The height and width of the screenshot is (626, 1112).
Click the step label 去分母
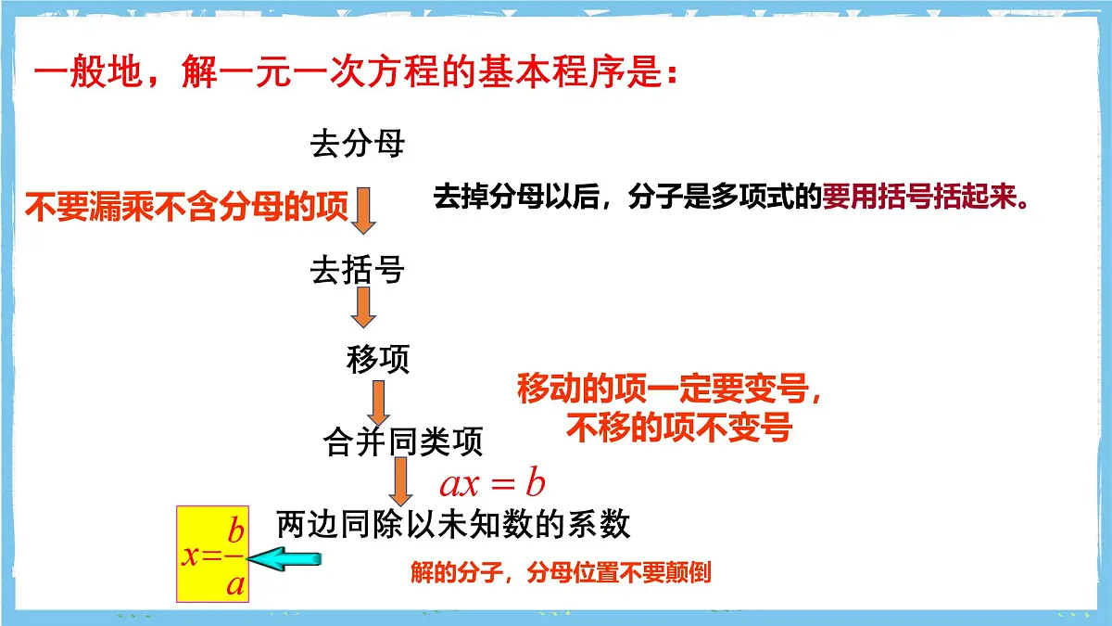(357, 146)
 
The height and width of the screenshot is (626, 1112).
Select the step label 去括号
(357, 271)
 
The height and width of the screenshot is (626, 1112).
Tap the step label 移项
(378, 360)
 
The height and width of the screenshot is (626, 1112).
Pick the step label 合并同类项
(403, 442)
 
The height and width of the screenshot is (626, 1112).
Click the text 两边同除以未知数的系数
(453, 525)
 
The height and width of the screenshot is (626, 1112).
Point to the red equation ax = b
(492, 484)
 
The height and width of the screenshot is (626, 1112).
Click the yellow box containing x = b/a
(214, 556)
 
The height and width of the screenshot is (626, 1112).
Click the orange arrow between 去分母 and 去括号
(362, 211)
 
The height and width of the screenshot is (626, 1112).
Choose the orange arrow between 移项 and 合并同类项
(379, 401)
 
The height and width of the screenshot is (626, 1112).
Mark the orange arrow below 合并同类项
(400, 481)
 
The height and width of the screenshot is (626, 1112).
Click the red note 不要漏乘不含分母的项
(186, 207)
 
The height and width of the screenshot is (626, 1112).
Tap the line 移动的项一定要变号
(669, 389)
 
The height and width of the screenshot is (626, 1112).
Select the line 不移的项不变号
(679, 428)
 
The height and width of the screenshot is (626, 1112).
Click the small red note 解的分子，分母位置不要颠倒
(561, 572)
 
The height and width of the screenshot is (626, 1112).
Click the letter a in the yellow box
(235, 584)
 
